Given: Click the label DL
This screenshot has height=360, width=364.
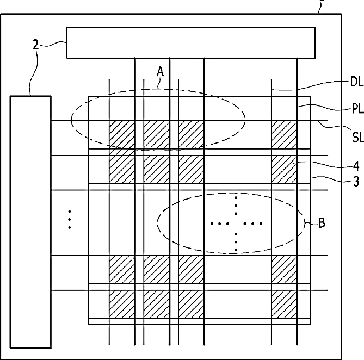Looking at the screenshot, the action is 356,82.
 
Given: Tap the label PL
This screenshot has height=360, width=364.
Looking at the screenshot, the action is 357,108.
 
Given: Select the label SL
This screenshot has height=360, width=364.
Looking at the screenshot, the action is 357,137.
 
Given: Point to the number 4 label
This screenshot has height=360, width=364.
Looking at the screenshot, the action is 356,166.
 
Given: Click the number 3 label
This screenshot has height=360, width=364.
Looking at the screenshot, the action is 356,182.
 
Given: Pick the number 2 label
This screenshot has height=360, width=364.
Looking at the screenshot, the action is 35,45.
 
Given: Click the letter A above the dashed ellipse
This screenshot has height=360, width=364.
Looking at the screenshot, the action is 160,71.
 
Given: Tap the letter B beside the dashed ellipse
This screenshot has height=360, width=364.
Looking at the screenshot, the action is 322,223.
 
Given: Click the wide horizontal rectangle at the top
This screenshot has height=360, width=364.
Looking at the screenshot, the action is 191,43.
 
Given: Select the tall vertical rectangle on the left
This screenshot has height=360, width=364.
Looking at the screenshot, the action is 30,222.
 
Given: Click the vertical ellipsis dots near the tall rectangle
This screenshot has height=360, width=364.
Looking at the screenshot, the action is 70,220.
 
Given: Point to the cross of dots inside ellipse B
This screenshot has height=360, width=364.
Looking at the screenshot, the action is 236,224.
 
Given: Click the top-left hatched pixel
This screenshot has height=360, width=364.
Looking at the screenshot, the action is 122,134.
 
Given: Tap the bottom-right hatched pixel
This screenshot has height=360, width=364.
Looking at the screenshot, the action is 284,304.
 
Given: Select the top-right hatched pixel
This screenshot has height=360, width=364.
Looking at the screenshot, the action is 284,134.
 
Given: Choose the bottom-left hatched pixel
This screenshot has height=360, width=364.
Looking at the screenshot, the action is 122,304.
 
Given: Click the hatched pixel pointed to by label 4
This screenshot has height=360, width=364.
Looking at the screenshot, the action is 284,169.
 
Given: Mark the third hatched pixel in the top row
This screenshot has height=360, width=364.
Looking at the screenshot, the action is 191,134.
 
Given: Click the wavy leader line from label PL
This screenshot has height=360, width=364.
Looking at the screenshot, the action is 325,108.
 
